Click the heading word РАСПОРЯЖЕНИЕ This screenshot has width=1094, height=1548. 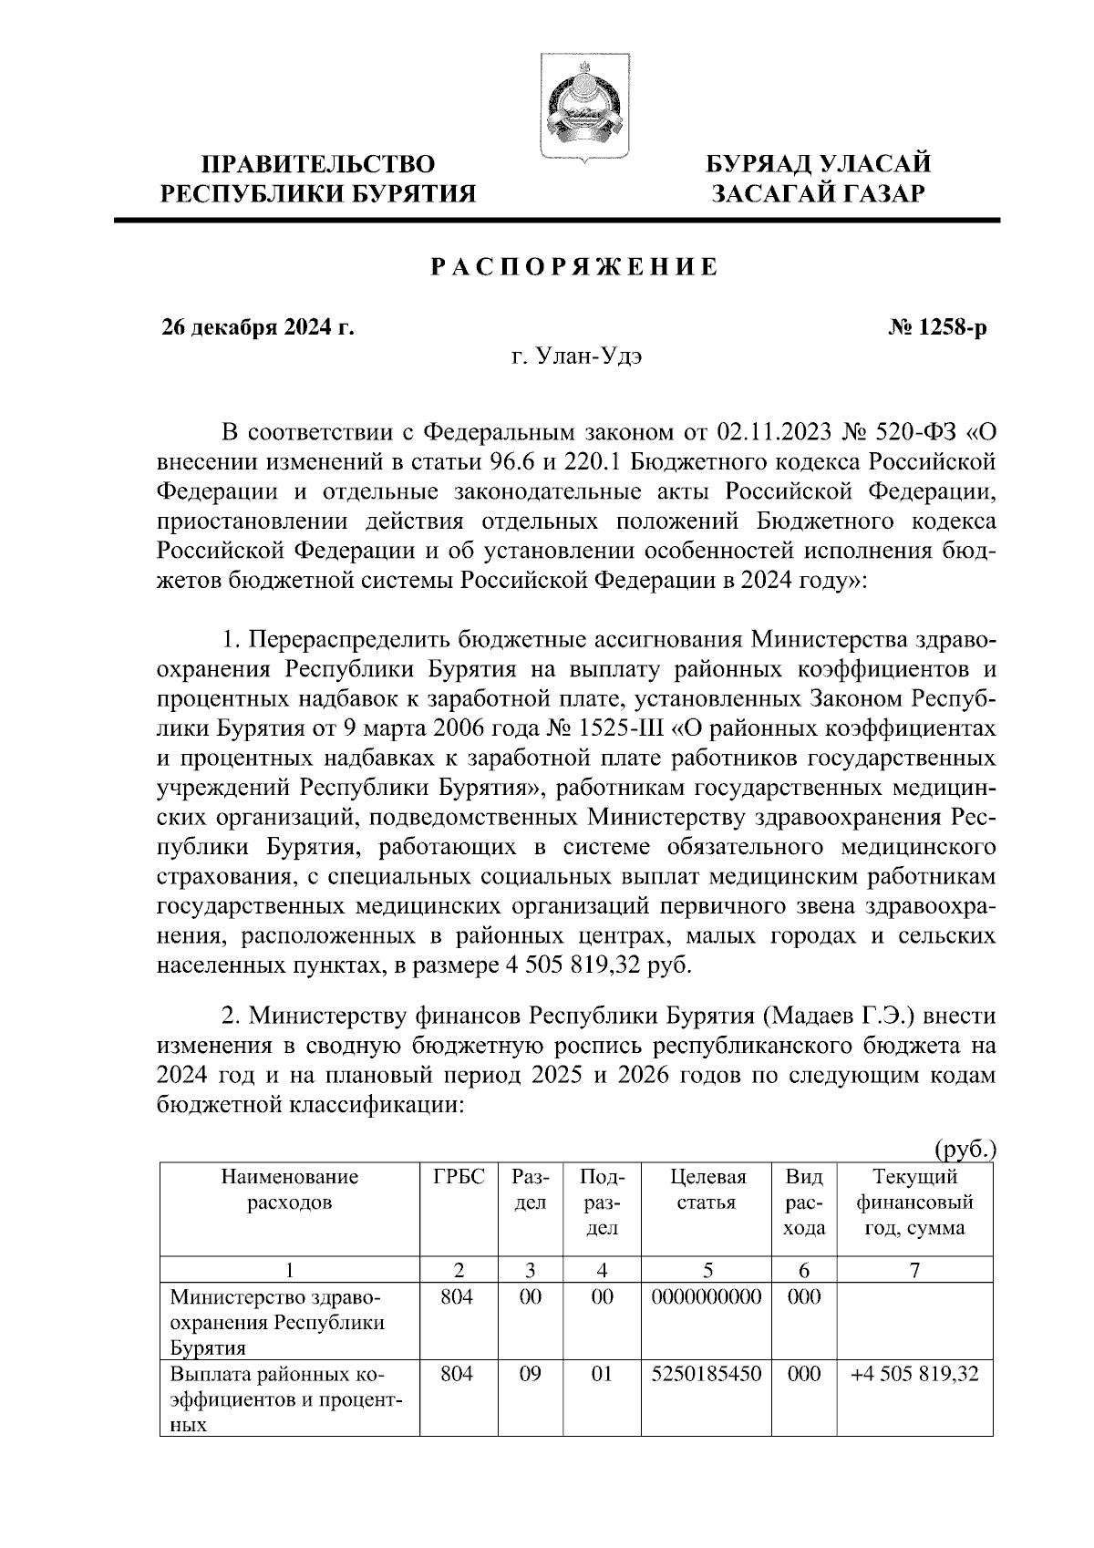[x=574, y=268]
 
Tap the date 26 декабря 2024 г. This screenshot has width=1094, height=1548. [x=257, y=328]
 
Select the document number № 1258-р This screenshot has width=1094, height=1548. [x=937, y=328]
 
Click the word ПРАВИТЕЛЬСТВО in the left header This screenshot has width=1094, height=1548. [x=318, y=165]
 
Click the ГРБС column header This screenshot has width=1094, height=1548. [x=459, y=1177]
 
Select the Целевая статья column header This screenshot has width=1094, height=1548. [x=707, y=1190]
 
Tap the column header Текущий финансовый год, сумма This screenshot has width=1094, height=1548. [x=914, y=1202]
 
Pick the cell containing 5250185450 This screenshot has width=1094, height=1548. [x=707, y=1374]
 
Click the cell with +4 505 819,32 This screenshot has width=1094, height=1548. [x=914, y=1374]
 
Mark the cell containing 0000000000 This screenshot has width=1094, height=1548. [x=707, y=1296]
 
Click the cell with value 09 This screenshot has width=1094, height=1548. [x=530, y=1374]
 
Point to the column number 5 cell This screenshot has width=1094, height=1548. [x=707, y=1270]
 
